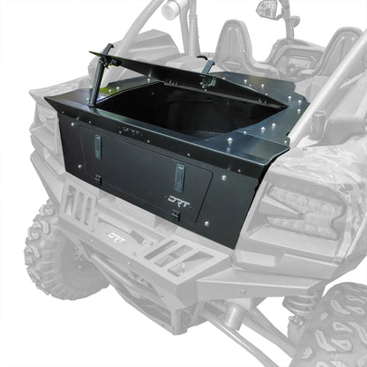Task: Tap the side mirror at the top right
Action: point(266,10)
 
